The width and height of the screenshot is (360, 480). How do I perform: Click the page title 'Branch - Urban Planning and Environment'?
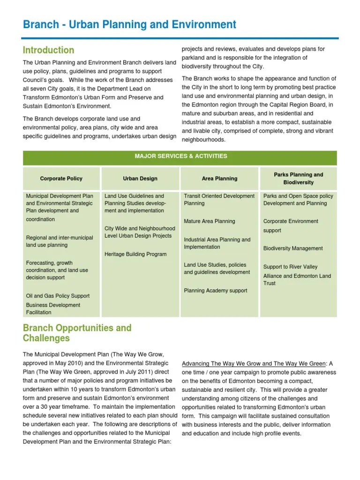(x=129, y=24)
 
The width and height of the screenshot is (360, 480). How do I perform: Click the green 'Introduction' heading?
(x=49, y=50)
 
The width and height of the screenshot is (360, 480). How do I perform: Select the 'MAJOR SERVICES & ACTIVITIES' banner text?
(x=180, y=156)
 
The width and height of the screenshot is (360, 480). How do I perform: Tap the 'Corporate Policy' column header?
(x=61, y=179)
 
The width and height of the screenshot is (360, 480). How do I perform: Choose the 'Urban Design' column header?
(x=140, y=179)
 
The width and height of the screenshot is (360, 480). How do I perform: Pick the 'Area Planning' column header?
(x=219, y=179)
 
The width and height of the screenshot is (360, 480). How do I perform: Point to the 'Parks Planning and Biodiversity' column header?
(x=298, y=179)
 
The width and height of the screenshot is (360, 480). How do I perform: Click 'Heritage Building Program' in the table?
(x=135, y=254)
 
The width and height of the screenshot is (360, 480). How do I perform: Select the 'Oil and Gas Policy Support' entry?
(x=58, y=296)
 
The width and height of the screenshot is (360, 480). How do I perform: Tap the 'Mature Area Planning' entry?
(x=210, y=221)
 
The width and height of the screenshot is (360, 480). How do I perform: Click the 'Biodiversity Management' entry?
(x=293, y=248)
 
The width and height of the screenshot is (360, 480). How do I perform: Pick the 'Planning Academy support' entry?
(x=216, y=291)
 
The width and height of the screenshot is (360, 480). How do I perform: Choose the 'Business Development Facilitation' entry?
(x=53, y=308)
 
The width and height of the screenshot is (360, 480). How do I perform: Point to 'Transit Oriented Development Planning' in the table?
(x=219, y=200)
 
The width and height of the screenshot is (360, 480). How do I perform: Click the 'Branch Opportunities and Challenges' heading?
(x=77, y=333)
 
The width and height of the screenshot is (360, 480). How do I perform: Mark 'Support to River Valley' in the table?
(x=290, y=267)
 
